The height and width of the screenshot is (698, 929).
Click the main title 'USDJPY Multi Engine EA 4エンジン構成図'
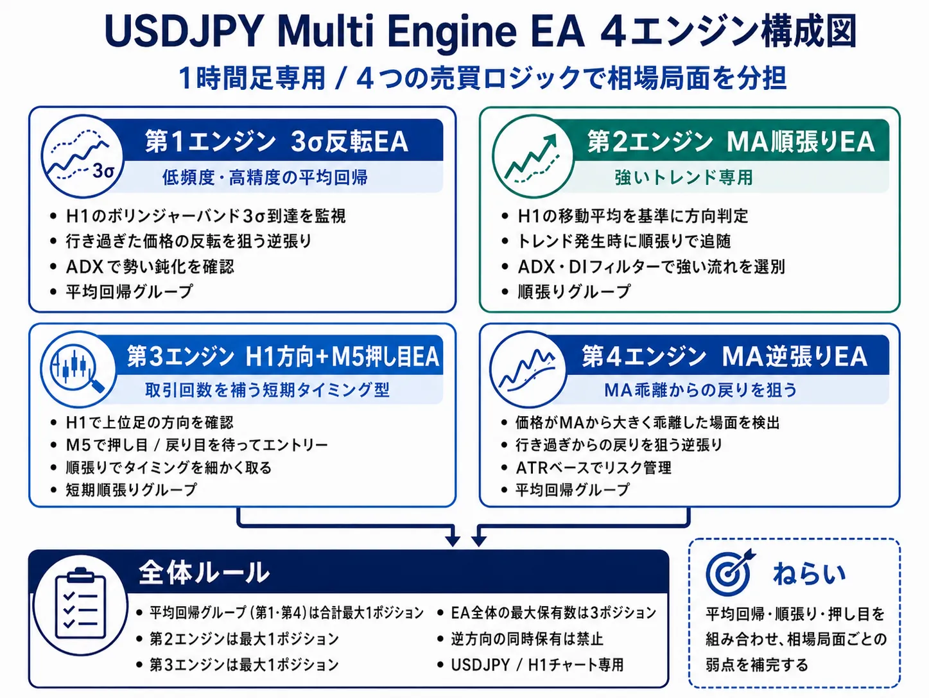480,31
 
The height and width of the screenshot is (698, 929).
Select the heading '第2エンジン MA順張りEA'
731,142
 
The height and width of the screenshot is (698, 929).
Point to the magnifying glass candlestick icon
78,369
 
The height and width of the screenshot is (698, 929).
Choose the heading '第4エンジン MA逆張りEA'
725,356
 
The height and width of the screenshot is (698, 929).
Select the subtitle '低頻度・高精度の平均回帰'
265,177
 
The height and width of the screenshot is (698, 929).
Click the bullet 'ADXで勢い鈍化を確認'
150,266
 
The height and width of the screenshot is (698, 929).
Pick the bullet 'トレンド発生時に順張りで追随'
624,241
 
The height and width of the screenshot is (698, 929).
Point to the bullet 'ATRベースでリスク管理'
593,467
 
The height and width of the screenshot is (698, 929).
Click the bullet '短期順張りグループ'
131,490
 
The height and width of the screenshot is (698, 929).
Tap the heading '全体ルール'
204,573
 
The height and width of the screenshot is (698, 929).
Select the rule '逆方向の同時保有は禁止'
527,639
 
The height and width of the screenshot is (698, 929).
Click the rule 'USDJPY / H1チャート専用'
537,665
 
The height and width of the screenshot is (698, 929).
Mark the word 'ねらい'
809,573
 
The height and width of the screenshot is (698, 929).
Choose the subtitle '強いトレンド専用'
684,177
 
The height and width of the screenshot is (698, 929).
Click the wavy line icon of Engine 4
528,369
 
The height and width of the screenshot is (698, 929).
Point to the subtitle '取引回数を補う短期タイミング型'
267,390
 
